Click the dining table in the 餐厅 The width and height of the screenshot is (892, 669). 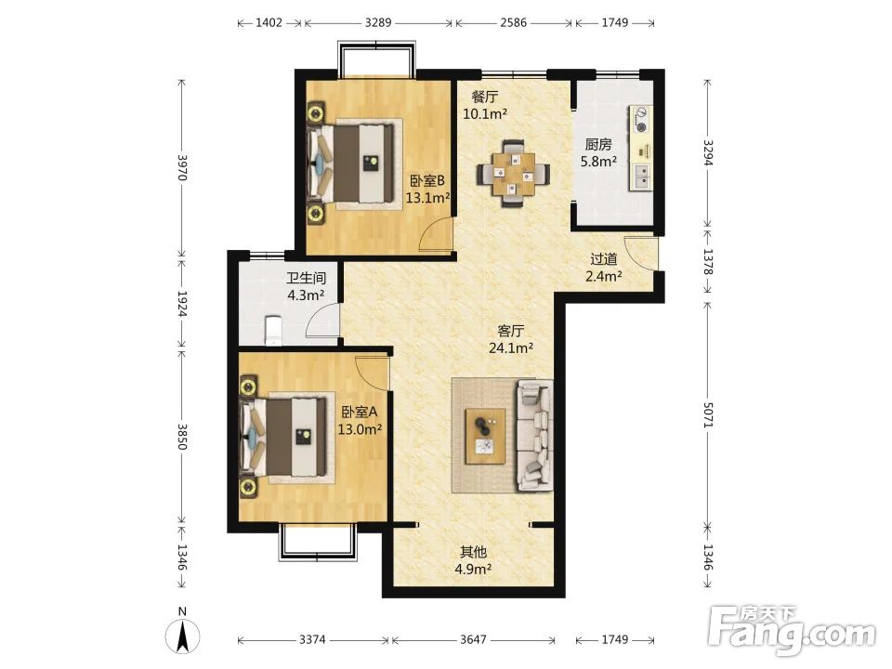[514, 173]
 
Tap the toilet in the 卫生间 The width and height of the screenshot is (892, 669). [273, 331]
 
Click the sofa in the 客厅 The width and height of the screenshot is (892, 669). [535, 436]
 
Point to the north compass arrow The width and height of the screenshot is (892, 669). [183, 637]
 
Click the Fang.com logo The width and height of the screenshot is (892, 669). [793, 630]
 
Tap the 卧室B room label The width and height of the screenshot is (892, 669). [427, 181]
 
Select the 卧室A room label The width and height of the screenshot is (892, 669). [360, 412]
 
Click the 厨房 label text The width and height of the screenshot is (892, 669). [598, 145]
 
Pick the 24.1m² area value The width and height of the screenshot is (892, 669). [511, 348]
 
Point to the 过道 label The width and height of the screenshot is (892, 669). [604, 259]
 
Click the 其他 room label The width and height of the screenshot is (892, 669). [473, 552]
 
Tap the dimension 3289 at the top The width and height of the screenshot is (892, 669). [378, 22]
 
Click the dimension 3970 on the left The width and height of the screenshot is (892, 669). [182, 167]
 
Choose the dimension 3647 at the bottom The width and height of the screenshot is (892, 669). [473, 640]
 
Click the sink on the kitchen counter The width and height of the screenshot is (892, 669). [640, 176]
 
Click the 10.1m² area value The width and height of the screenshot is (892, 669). [485, 113]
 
